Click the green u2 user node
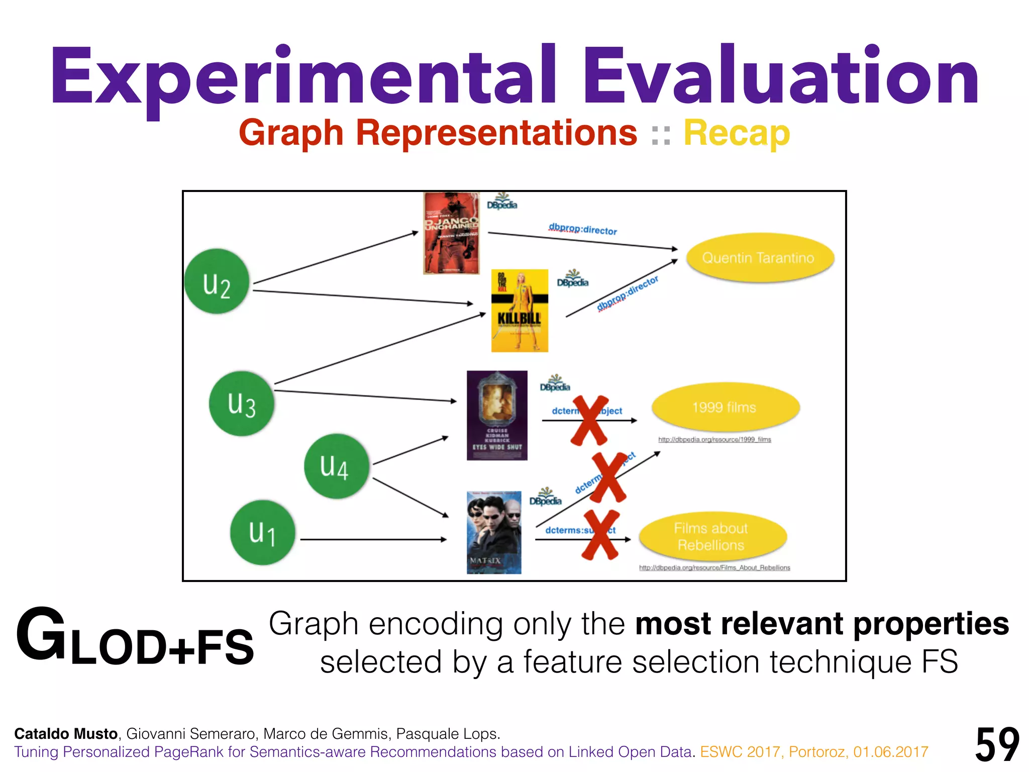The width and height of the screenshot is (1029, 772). pos(217,282)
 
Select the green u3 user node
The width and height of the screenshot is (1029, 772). pos(242,404)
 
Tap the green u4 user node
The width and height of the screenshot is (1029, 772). pos(336,466)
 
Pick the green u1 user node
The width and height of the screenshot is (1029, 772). pos(262,533)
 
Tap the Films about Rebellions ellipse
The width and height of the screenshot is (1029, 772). pos(711,537)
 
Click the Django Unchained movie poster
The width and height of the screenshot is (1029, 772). pos(451,234)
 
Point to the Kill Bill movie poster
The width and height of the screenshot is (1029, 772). pos(520,311)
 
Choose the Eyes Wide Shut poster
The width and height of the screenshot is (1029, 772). pos(497,416)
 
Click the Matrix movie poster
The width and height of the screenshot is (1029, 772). pos(494,533)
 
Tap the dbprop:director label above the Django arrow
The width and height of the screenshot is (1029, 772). pos(583,229)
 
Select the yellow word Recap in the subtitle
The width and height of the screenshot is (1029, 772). pos(737,134)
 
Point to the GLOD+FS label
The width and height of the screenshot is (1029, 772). pos(135,637)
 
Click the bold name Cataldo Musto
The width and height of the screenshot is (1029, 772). pos(66,734)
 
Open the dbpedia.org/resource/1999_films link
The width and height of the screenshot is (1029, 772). pos(714,440)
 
